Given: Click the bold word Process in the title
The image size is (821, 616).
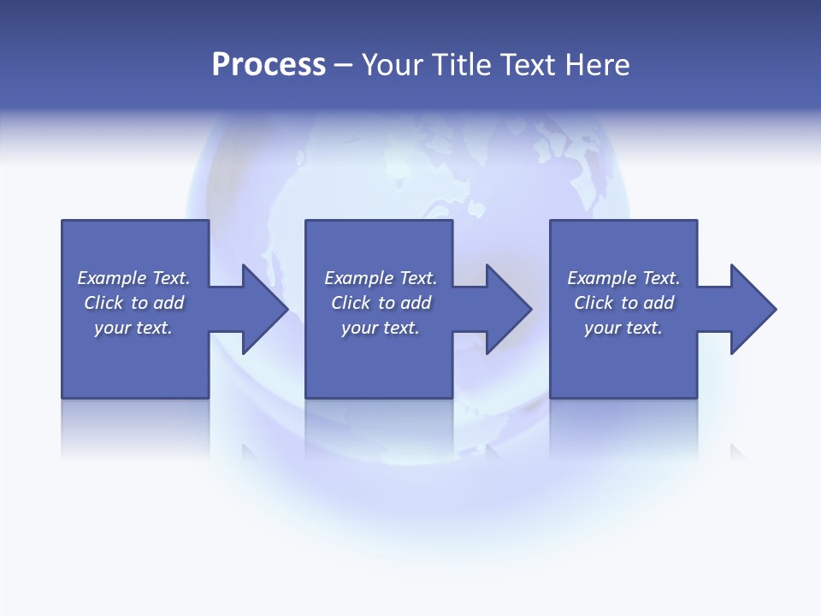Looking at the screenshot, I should point(269,65).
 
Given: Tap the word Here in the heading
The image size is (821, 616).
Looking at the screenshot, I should point(597,65).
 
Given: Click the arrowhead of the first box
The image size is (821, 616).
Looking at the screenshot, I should point(265,309).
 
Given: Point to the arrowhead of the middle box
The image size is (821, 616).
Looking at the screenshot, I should point(509,309).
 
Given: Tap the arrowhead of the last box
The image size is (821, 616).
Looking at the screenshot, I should point(753,309).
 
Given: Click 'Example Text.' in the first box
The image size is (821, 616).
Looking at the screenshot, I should point(133,278).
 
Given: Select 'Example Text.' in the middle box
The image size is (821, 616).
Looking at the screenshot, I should point(381,278).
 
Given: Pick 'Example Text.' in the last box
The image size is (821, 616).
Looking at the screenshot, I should point(623,278).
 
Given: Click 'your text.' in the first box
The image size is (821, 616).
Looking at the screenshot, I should point(133,328).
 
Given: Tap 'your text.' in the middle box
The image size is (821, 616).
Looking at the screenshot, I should point(381,328).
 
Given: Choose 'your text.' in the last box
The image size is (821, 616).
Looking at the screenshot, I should point(623,328).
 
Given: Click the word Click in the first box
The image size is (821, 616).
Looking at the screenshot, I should point(103,303).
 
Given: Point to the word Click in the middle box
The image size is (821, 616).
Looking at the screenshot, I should point(351,303).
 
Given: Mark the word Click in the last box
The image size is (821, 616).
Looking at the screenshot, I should point(594,303).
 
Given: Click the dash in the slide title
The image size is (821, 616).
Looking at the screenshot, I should point(343,65).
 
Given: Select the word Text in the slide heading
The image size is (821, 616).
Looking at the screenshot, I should point(523,65).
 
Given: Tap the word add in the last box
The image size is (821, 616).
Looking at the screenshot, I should point(659,303).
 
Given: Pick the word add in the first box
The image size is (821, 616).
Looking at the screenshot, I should point(168,303).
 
